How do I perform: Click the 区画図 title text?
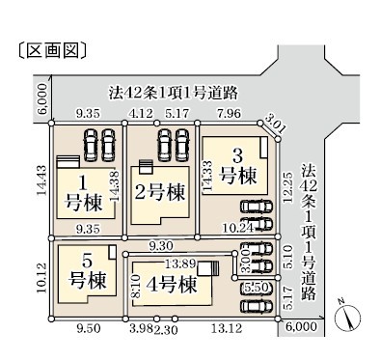(52, 51)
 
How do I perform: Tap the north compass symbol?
(348, 316)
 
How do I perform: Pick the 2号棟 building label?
(160, 192)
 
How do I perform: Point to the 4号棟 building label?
(171, 284)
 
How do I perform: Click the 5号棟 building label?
(88, 271)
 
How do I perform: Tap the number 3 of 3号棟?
(238, 156)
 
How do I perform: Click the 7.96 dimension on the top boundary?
(229, 114)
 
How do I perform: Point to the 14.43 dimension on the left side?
(41, 180)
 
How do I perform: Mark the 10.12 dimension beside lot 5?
(41, 278)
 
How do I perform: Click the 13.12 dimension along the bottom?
(227, 328)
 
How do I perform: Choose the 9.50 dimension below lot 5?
(89, 328)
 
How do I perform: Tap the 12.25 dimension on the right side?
(288, 188)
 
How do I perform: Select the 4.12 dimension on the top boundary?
(140, 114)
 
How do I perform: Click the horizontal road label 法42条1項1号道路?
(174, 93)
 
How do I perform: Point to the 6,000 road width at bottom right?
(301, 326)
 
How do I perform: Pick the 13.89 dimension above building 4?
(180, 263)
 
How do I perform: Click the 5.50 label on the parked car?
(257, 287)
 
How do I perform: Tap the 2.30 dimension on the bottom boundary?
(166, 329)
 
